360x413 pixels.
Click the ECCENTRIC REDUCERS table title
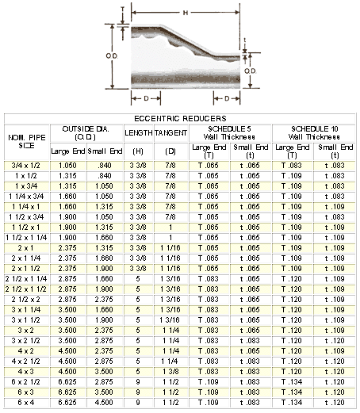(180, 118)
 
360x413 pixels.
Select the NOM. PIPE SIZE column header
(27, 142)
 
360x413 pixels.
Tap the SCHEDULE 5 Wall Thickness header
(229, 132)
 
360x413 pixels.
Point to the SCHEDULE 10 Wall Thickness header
(314, 132)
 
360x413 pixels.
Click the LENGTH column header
(139, 132)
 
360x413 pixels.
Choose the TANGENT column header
(170, 132)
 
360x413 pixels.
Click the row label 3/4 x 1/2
(25, 166)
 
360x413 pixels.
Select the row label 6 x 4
(26, 403)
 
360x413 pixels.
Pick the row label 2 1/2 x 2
(25, 300)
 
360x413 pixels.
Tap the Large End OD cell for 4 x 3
(67, 372)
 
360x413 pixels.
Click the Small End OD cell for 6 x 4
(104, 403)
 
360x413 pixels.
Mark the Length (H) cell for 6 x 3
(138, 392)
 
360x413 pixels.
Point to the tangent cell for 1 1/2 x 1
(170, 228)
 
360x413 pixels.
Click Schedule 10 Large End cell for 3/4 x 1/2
(291, 166)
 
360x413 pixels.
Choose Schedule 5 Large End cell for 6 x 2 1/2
(209, 382)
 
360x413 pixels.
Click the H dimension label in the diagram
(186, 13)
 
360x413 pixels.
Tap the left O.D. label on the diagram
(112, 56)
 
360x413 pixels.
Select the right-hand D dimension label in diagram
(227, 98)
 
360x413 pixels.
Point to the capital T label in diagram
(122, 10)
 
